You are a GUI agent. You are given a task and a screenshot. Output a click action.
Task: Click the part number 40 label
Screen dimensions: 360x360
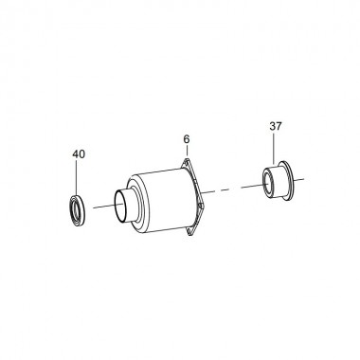pyautogui.click(x=79, y=154)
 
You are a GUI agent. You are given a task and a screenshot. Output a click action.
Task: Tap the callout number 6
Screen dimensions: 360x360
pyautogui.click(x=187, y=139)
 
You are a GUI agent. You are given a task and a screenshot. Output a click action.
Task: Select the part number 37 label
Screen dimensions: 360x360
pyautogui.click(x=276, y=126)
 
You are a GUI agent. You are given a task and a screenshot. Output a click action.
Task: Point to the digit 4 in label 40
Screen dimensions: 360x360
pyautogui.click(x=76, y=154)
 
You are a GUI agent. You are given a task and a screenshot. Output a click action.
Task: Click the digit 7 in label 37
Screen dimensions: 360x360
pyautogui.click(x=279, y=126)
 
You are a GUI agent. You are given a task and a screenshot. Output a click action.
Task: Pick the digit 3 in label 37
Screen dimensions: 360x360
pyautogui.click(x=272, y=126)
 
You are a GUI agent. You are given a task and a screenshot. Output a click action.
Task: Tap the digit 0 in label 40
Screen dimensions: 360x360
pyautogui.click(x=81, y=154)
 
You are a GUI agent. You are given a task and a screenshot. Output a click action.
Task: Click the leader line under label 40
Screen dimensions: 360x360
pyautogui.click(x=77, y=177)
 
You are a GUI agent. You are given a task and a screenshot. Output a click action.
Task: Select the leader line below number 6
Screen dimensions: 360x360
pyautogui.click(x=187, y=152)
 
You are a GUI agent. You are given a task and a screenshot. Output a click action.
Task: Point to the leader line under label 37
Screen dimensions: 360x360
pyautogui.click(x=274, y=148)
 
